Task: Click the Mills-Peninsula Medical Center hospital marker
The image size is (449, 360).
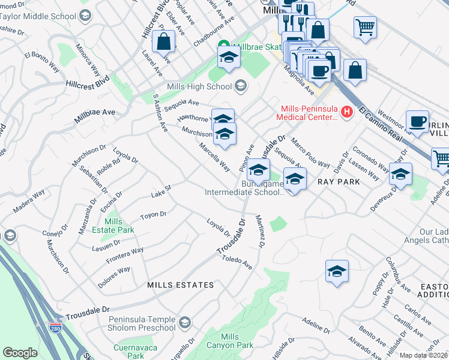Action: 346,111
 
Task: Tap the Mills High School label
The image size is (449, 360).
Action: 199,86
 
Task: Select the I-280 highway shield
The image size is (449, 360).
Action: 56,328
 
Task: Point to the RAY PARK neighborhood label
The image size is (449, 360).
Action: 339,181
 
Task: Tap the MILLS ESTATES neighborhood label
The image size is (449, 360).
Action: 180,285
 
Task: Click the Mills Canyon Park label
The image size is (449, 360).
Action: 229,341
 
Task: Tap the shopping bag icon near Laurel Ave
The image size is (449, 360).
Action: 163,41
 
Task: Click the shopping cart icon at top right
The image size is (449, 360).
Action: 365,27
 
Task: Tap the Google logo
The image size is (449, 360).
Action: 20,353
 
